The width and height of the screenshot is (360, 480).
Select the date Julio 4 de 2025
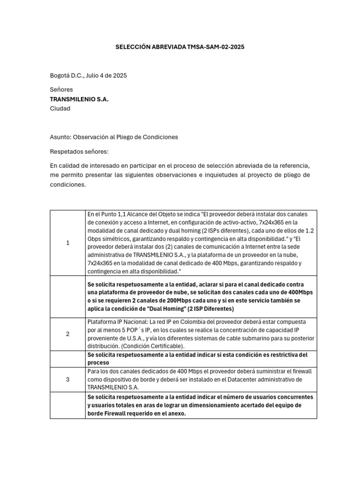pos(105,75)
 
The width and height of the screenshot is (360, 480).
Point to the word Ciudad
pos(60,109)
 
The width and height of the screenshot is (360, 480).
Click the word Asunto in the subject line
pos(60,137)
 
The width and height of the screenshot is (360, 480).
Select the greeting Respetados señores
pos(79,152)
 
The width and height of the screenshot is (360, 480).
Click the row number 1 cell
pos(67,243)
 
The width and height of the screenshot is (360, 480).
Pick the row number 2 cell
pos(67,334)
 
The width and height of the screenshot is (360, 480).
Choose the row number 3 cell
pos(67,379)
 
